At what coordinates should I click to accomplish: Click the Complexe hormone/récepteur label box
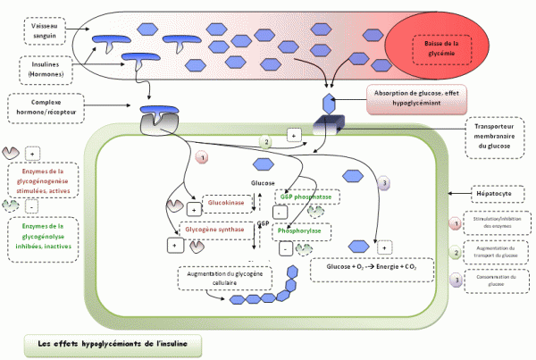coord(43,109)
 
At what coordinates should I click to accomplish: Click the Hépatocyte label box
coord(495,191)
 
